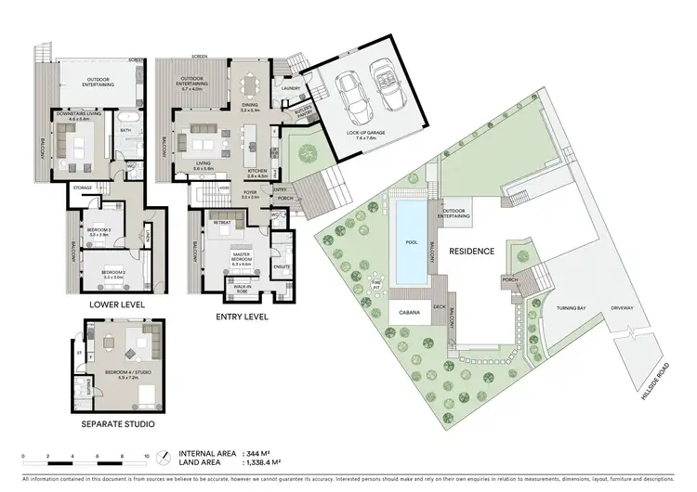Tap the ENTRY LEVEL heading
[x=243, y=317]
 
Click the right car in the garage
[x=385, y=86]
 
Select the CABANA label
[x=409, y=312]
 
